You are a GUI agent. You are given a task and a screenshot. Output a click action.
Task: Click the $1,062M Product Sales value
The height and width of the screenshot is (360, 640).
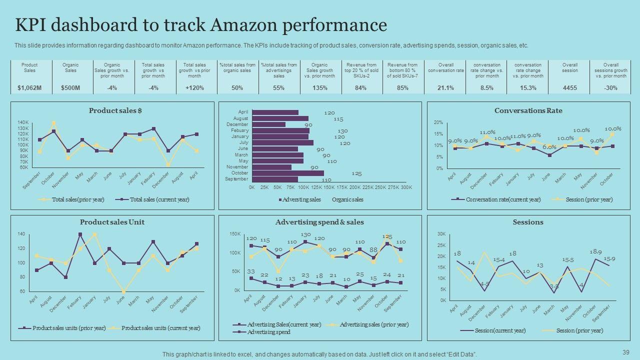(29, 88)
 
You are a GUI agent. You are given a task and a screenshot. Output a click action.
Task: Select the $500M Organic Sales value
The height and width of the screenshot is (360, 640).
(70, 88)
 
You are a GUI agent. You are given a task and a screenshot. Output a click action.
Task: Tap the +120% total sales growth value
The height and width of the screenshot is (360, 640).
(194, 88)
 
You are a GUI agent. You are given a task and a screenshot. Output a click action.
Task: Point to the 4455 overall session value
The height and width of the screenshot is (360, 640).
(569, 88)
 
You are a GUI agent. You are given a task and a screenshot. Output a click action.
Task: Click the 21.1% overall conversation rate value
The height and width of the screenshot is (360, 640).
(445, 88)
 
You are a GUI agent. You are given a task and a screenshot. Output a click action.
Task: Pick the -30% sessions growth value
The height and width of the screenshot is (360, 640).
(610, 88)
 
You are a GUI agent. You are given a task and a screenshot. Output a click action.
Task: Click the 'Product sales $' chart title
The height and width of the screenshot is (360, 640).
(115, 111)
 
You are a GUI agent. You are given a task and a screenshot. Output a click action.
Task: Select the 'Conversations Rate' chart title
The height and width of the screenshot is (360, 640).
(528, 111)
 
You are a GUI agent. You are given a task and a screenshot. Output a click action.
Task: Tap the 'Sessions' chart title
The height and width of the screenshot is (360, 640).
(528, 222)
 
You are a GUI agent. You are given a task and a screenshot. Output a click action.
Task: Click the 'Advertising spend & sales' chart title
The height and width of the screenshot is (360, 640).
(319, 222)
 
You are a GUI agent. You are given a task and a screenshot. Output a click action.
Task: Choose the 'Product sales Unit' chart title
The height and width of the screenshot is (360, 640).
(112, 222)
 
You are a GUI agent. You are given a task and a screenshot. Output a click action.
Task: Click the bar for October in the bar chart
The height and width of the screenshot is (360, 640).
(288, 173)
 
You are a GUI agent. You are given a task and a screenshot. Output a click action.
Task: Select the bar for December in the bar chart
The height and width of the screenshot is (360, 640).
(269, 124)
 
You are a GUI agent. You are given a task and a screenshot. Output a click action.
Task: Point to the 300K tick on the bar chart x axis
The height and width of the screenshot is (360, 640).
(406, 187)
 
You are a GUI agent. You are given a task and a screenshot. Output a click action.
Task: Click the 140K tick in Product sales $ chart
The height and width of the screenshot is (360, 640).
(23, 122)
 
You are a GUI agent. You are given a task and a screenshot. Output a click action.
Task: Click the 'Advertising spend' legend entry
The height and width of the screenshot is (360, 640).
(268, 332)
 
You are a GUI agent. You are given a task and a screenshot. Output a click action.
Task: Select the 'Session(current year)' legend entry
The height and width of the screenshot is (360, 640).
(499, 330)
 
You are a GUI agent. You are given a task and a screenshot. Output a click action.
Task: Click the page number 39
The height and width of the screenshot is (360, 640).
(626, 352)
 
